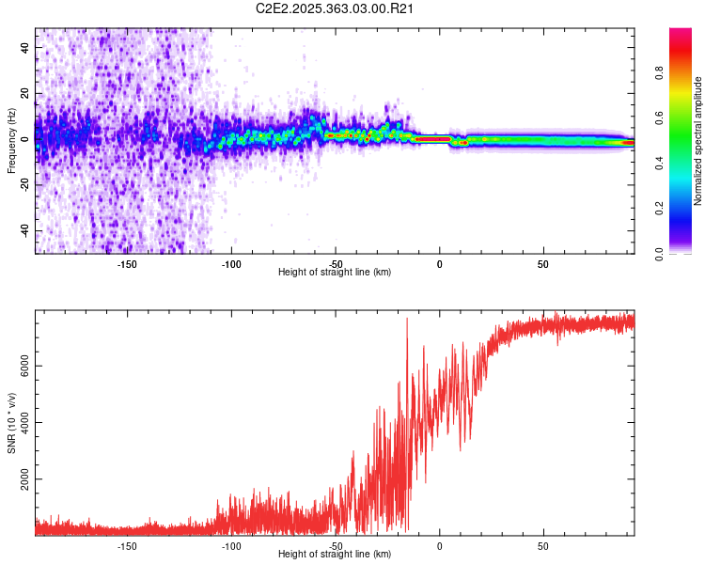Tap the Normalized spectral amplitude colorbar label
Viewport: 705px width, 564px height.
[x=697, y=141]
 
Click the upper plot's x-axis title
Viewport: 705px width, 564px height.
[x=336, y=272]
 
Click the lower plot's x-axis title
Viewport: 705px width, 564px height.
[x=336, y=554]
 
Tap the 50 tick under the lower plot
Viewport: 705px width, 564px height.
[x=543, y=545]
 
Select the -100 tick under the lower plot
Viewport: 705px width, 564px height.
[x=231, y=545]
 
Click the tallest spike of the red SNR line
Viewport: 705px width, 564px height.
[x=407, y=320]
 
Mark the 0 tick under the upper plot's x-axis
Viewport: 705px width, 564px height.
[x=439, y=263]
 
